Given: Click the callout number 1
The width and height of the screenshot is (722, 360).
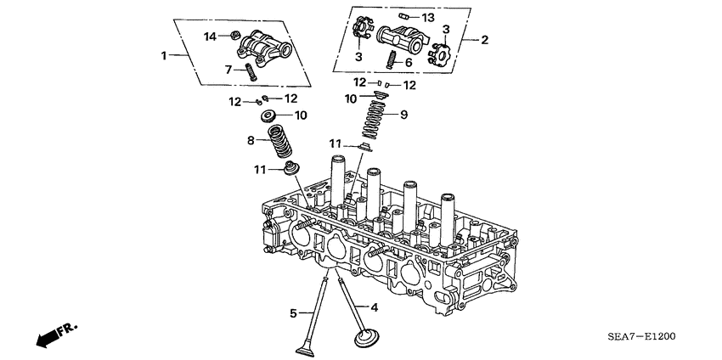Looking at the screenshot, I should tap(165, 55).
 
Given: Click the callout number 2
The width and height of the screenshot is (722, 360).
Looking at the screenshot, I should tap(484, 40).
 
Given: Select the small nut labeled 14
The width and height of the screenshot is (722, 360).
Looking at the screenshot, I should tap(233, 36).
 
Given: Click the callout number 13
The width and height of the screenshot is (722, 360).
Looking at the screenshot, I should tap(427, 18).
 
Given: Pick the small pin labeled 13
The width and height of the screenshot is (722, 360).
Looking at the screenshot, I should tap(406, 16).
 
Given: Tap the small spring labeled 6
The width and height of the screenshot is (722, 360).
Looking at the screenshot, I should tap(393, 60).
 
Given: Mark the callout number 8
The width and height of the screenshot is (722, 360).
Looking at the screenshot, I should tap(251, 140).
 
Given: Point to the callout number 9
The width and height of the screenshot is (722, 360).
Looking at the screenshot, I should tap(403, 114).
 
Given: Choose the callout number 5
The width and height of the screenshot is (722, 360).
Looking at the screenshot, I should tap(293, 313).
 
